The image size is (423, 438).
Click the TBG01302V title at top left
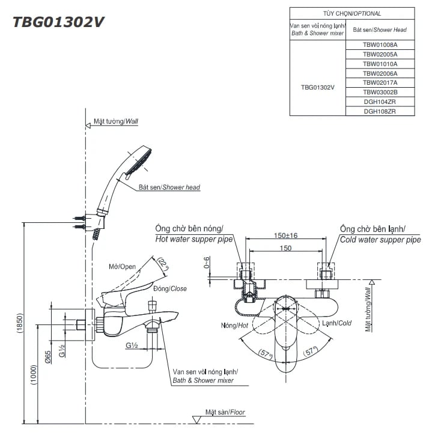tap(59, 22)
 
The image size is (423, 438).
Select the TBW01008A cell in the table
tap(380, 44)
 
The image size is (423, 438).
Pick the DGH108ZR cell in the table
tap(380, 111)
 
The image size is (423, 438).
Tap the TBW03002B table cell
tap(380, 92)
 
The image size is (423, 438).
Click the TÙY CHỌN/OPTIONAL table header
tap(351, 13)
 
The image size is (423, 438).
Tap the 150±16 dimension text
tap(286, 236)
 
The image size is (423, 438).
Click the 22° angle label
tap(162, 264)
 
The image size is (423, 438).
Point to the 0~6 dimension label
tap(207, 263)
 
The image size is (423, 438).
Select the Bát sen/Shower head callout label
tap(169, 187)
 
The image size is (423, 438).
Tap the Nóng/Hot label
tap(234, 325)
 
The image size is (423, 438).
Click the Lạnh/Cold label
tap(336, 323)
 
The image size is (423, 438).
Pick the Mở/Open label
tap(123, 266)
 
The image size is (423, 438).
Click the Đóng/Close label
tap(169, 288)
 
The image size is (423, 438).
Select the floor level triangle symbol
tap(196, 419)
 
